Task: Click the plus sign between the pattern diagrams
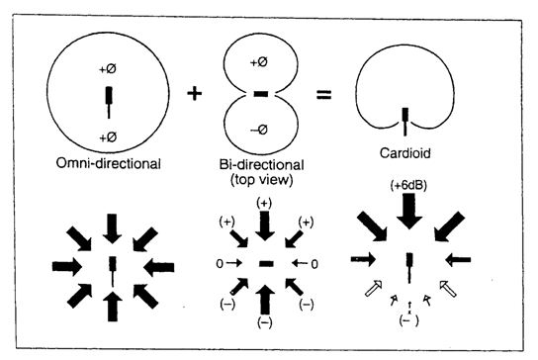(196, 94)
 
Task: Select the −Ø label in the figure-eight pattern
(261, 128)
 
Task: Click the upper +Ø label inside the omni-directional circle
(110, 71)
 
